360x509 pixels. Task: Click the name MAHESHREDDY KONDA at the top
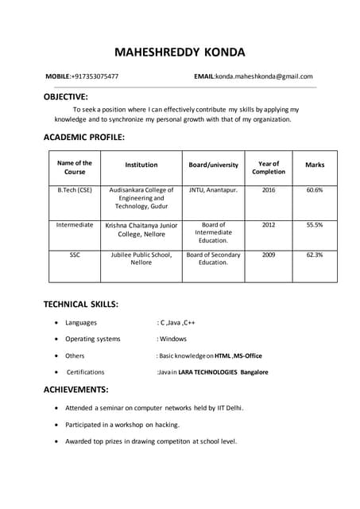coord(180,52)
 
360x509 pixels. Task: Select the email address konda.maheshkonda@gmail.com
coord(265,76)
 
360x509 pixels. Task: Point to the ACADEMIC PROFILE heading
coord(83,137)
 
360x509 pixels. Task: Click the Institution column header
coord(141,165)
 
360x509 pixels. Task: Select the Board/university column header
coord(213,165)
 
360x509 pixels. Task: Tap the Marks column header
coord(314,165)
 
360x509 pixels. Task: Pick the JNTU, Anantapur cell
coord(213,190)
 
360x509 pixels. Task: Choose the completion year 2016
coord(269,190)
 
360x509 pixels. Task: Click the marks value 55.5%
coord(314,225)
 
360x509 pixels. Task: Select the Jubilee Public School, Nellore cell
coord(141,258)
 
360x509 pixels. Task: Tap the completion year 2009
coord(269,254)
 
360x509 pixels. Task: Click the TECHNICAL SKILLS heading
coord(80,304)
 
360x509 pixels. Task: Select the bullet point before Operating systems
coord(54,340)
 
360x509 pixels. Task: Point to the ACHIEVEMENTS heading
coord(75,390)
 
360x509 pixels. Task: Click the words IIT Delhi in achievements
coord(227,408)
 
